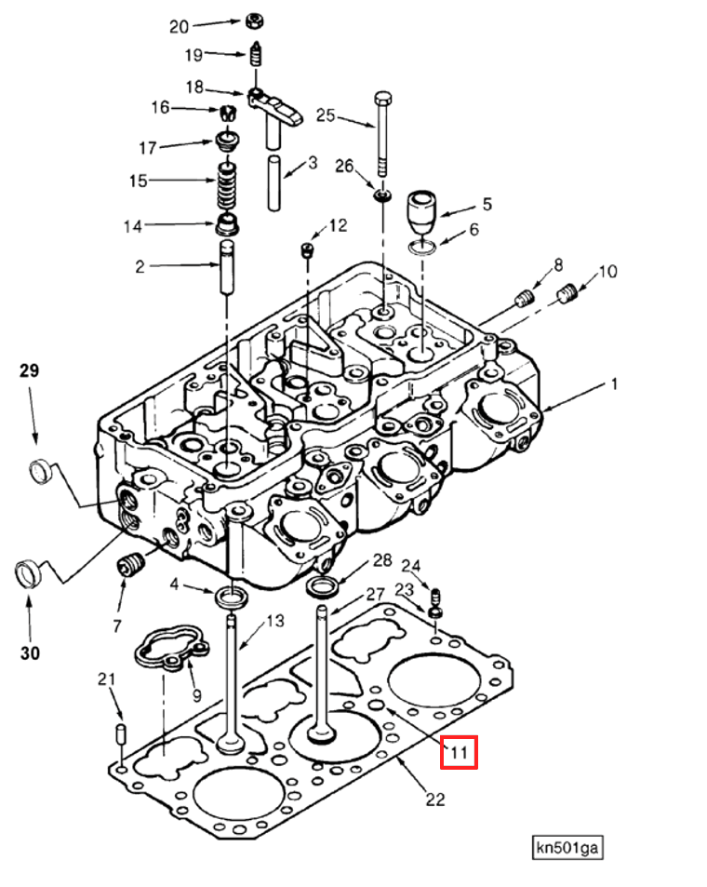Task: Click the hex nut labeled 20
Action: tap(255, 21)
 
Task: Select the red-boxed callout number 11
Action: tap(459, 752)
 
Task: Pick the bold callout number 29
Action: tap(30, 370)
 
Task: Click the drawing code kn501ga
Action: tap(567, 847)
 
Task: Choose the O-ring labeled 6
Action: tap(422, 248)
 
